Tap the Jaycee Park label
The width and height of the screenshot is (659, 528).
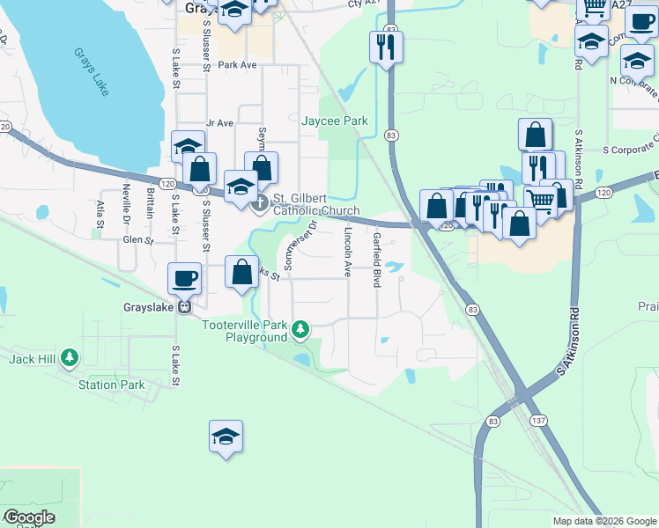tap(335, 121)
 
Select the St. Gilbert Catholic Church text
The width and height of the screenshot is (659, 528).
tap(316, 204)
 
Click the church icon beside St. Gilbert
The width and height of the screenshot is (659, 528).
tap(259, 204)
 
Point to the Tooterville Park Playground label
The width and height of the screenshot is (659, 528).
tap(245, 331)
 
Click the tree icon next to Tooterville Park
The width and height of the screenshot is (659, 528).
tap(301, 330)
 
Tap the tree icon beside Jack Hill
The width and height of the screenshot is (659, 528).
tap(70, 358)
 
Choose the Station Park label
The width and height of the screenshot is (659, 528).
tap(111, 385)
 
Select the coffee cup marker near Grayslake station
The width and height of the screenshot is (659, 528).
tap(185, 278)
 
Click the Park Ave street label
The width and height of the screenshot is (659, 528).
tap(237, 65)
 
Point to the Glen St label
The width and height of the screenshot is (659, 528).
tap(138, 239)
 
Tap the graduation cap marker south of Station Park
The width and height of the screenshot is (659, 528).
tap(226, 436)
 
